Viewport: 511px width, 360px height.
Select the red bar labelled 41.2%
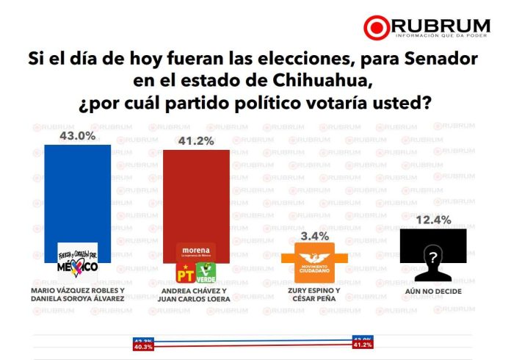196,195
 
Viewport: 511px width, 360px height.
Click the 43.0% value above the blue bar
78,136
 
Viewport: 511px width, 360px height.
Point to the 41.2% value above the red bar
196,140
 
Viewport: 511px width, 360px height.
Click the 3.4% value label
309,236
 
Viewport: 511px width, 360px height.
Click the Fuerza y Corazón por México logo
78,262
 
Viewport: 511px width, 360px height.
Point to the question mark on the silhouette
433,257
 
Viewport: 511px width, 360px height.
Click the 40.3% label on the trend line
142,348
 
